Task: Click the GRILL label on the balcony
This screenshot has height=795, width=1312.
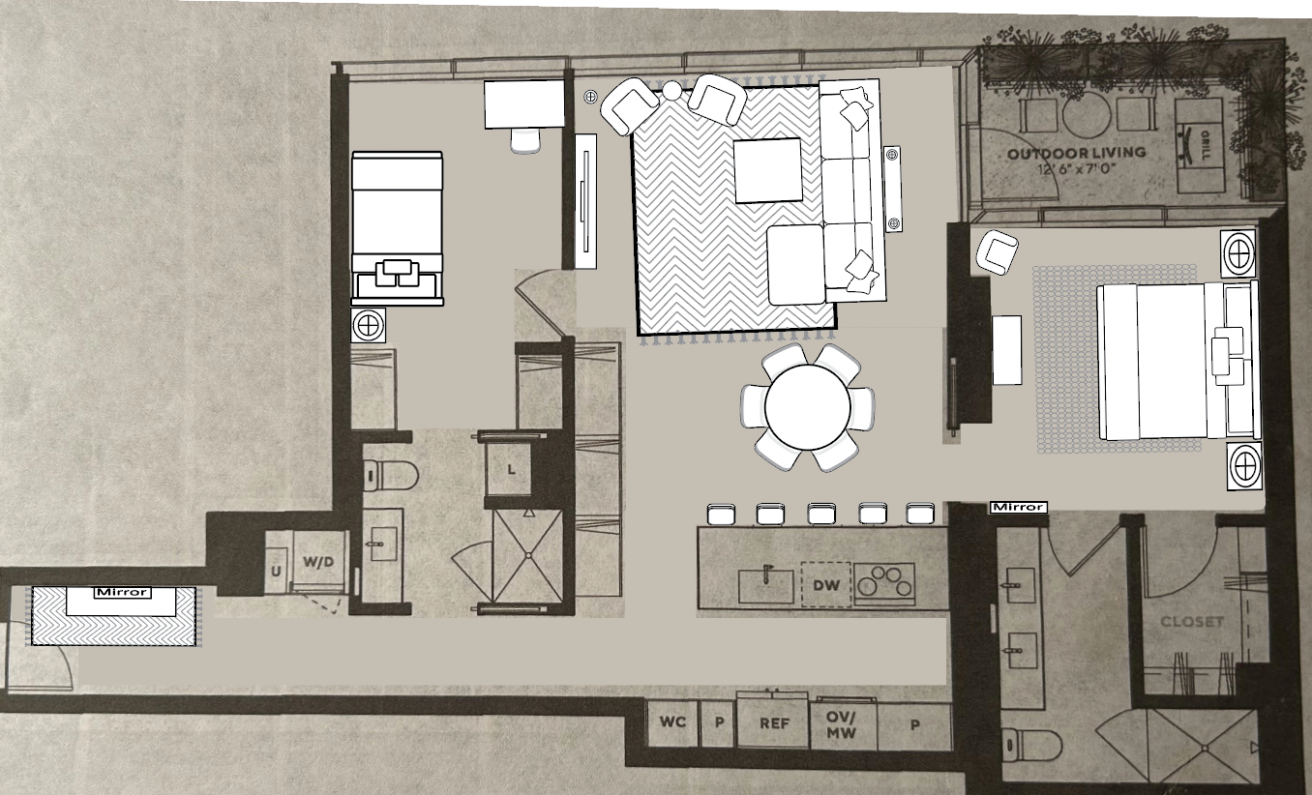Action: pyautogui.click(x=1206, y=146)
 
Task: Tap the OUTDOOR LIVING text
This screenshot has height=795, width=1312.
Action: pyautogui.click(x=1077, y=154)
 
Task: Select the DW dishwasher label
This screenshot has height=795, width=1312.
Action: pyautogui.click(x=826, y=584)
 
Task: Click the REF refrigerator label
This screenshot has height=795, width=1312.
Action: pyautogui.click(x=774, y=723)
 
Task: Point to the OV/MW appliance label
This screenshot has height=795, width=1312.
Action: pyautogui.click(x=841, y=724)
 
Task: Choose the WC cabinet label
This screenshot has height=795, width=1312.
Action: pyautogui.click(x=672, y=721)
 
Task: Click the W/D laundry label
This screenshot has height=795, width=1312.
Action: pyautogui.click(x=318, y=562)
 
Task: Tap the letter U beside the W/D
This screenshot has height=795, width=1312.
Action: pyautogui.click(x=276, y=572)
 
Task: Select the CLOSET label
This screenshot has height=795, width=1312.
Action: pyautogui.click(x=1192, y=622)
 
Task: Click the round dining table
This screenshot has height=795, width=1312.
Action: pyautogui.click(x=807, y=407)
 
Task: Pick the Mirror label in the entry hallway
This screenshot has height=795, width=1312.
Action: pyautogui.click(x=123, y=593)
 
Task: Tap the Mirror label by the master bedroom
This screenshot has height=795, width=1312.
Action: pyautogui.click(x=1018, y=507)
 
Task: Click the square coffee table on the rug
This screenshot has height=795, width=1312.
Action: pyautogui.click(x=768, y=170)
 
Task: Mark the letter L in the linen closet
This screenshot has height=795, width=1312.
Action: pyautogui.click(x=511, y=469)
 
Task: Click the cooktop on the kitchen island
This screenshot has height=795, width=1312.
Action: pyautogui.click(x=884, y=583)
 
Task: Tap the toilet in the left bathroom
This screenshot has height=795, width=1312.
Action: pyautogui.click(x=390, y=475)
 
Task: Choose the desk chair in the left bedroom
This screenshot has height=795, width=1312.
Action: pyautogui.click(x=525, y=140)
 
